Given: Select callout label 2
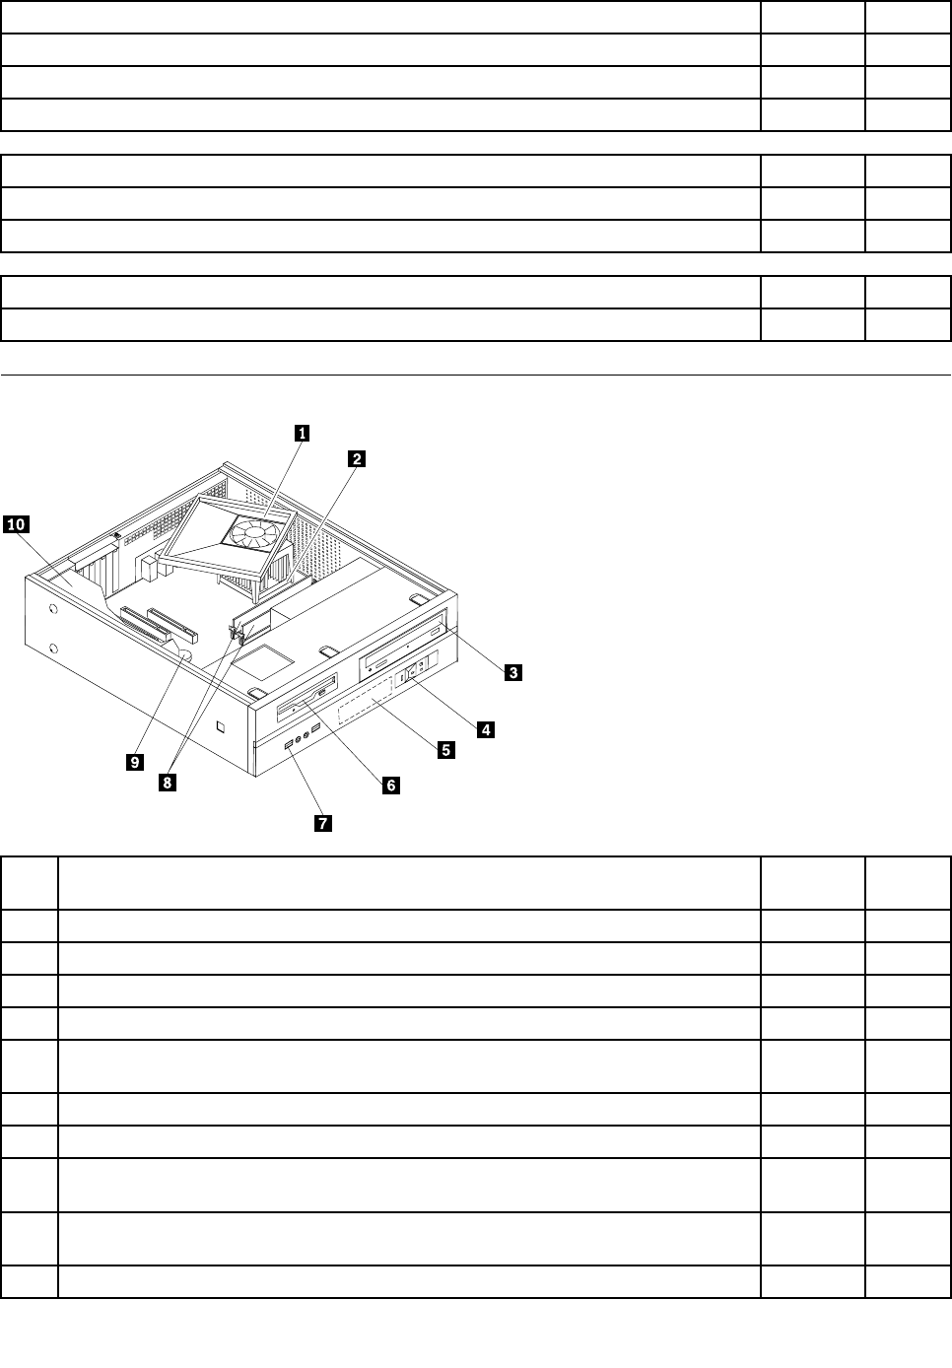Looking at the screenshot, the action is [x=357, y=458].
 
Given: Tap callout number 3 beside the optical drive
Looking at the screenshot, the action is [x=513, y=672].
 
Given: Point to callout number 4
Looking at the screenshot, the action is [x=485, y=729].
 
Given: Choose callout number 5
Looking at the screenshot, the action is [x=445, y=750].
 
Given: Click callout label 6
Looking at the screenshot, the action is [x=390, y=785].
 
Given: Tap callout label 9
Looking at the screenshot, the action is [x=135, y=761].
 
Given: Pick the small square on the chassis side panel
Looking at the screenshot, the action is [x=222, y=729].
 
